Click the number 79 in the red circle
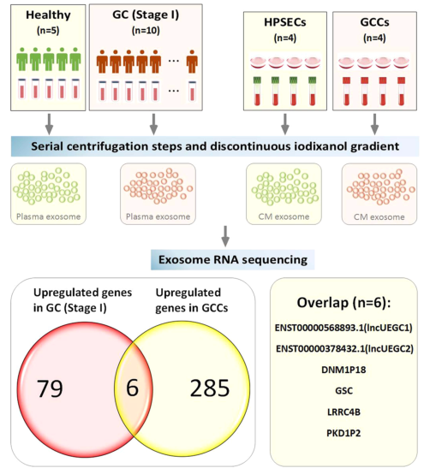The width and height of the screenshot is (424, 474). coord(50,388)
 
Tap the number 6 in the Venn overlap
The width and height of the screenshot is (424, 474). coord(132,388)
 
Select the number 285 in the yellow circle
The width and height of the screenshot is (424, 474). coord(210,388)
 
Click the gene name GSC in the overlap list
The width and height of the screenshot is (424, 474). coord(343,390)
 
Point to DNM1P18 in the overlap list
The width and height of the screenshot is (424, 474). coord(343,370)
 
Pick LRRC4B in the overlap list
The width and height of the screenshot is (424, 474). coord(343,412)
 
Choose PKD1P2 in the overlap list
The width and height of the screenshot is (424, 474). coord(343,433)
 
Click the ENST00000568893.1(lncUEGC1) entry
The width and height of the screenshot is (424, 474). coord(343,328)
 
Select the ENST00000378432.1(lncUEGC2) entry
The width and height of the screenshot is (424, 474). coord(344,349)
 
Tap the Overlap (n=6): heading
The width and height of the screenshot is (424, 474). coord(343,303)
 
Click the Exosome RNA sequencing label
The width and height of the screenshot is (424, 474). coord(233,259)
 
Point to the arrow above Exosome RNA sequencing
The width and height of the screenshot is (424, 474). coord(225,236)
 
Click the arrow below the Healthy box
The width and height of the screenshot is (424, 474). coord(49,124)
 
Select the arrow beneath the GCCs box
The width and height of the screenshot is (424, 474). coord(374,124)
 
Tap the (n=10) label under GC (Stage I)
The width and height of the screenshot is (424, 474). coord(146,31)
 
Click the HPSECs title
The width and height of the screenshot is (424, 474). coord(284,22)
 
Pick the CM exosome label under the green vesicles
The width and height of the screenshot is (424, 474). coord(284,216)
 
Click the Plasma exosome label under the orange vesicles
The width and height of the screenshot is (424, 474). coord(158,216)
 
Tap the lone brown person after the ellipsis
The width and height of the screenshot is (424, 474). coord(192,62)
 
